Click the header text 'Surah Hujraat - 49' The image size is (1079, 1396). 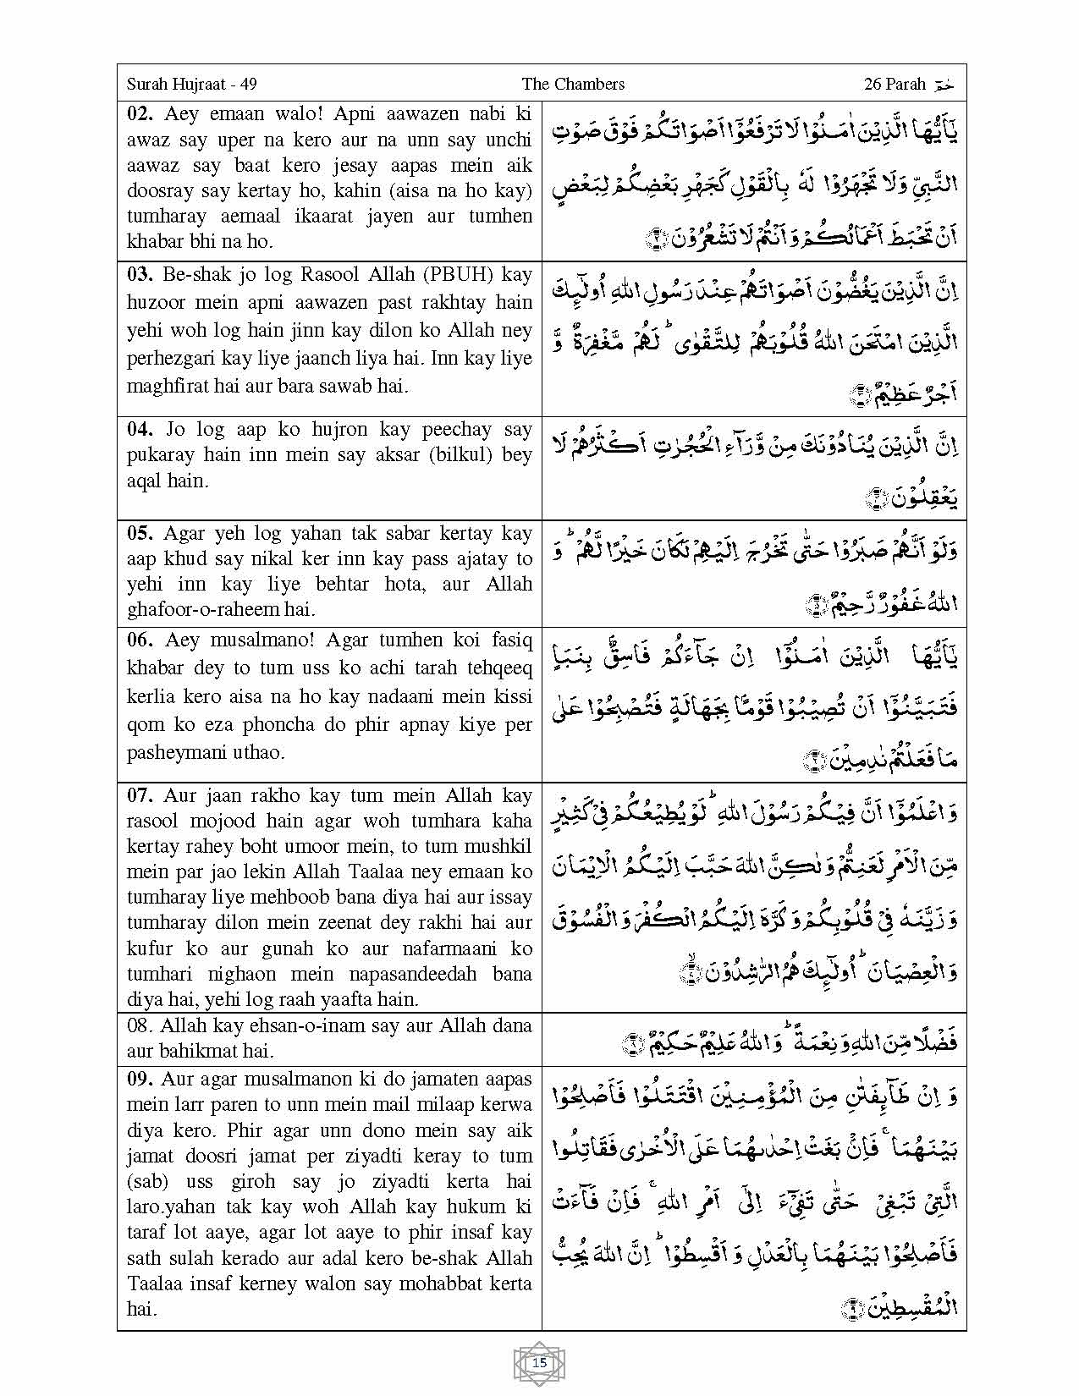[x=191, y=84]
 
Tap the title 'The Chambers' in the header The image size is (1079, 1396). [x=573, y=84]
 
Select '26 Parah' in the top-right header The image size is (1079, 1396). [x=895, y=84]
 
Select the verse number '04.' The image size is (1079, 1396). [x=140, y=429]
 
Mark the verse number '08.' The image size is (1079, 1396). [x=140, y=1025]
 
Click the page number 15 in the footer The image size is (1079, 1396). [x=539, y=1363]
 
